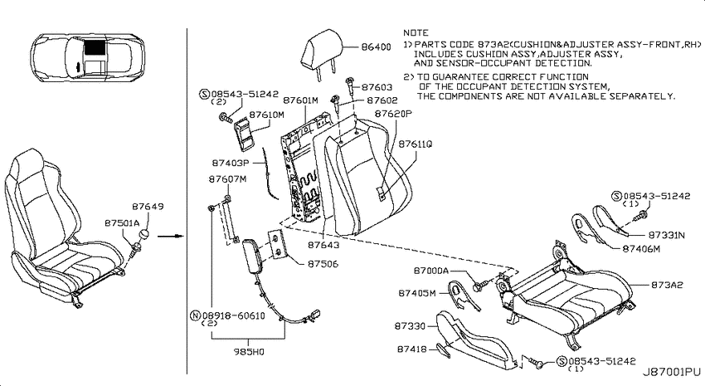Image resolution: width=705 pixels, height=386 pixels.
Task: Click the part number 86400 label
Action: [x=376, y=46]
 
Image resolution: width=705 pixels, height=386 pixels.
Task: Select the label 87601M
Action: [x=300, y=100]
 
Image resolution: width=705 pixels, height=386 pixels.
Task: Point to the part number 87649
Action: [x=148, y=207]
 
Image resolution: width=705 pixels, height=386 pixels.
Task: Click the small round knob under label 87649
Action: [x=146, y=235]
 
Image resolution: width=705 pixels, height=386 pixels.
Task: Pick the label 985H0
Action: [x=249, y=352]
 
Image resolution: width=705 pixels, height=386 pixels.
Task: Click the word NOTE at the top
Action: [x=416, y=32]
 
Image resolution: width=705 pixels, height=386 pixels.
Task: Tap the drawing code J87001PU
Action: [x=671, y=372]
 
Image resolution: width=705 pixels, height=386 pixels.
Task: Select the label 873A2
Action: [x=667, y=285]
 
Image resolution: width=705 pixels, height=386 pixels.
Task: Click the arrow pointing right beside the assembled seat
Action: [x=171, y=236]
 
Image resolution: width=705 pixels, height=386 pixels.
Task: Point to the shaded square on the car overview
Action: [x=95, y=46]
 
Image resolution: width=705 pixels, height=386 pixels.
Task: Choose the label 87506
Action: [x=323, y=264]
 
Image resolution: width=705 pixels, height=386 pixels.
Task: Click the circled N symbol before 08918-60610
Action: [x=196, y=315]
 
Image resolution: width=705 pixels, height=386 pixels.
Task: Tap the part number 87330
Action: [x=410, y=325]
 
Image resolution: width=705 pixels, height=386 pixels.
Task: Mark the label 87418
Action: [x=412, y=349]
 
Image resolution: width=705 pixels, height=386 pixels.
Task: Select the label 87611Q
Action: [x=416, y=144]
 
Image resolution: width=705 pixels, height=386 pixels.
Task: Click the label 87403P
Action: [x=231, y=163]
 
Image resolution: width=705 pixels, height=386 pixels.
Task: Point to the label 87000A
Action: [x=430, y=271]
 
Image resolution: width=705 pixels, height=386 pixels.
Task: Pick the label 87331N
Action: [x=666, y=235]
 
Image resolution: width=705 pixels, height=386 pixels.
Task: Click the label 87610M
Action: [x=266, y=115]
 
